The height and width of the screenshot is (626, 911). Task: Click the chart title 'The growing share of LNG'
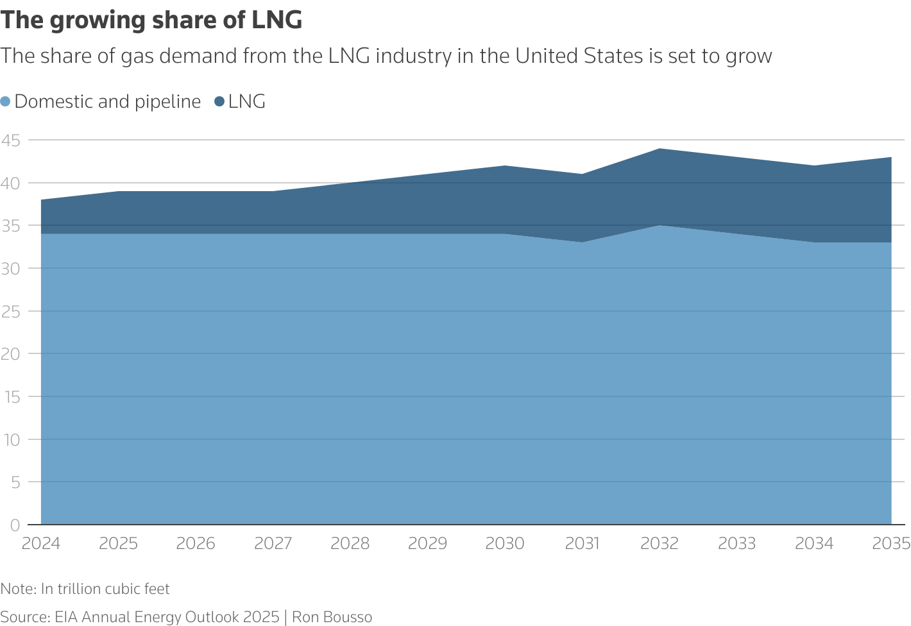pyautogui.click(x=151, y=21)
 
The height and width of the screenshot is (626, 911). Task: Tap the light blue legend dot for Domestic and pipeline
pyautogui.click(x=6, y=101)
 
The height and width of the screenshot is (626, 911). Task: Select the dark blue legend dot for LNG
pyautogui.click(x=219, y=101)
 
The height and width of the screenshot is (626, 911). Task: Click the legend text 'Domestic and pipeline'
pyautogui.click(x=107, y=101)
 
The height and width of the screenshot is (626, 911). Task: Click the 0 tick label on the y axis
pyautogui.click(x=15, y=525)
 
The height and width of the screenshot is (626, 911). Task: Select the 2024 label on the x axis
pyautogui.click(x=41, y=544)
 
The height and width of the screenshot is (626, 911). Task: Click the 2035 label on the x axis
pyautogui.click(x=891, y=544)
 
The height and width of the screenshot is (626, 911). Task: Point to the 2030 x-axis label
pyautogui.click(x=505, y=544)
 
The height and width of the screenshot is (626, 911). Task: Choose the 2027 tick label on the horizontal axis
pyautogui.click(x=273, y=544)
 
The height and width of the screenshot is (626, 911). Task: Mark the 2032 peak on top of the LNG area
pyautogui.click(x=660, y=149)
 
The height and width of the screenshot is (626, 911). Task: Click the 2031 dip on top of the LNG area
pyautogui.click(x=583, y=174)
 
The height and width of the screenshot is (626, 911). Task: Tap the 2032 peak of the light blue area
pyautogui.click(x=660, y=226)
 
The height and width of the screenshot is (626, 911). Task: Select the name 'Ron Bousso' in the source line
pyautogui.click(x=332, y=617)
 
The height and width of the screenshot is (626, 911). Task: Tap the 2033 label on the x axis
pyautogui.click(x=736, y=544)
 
